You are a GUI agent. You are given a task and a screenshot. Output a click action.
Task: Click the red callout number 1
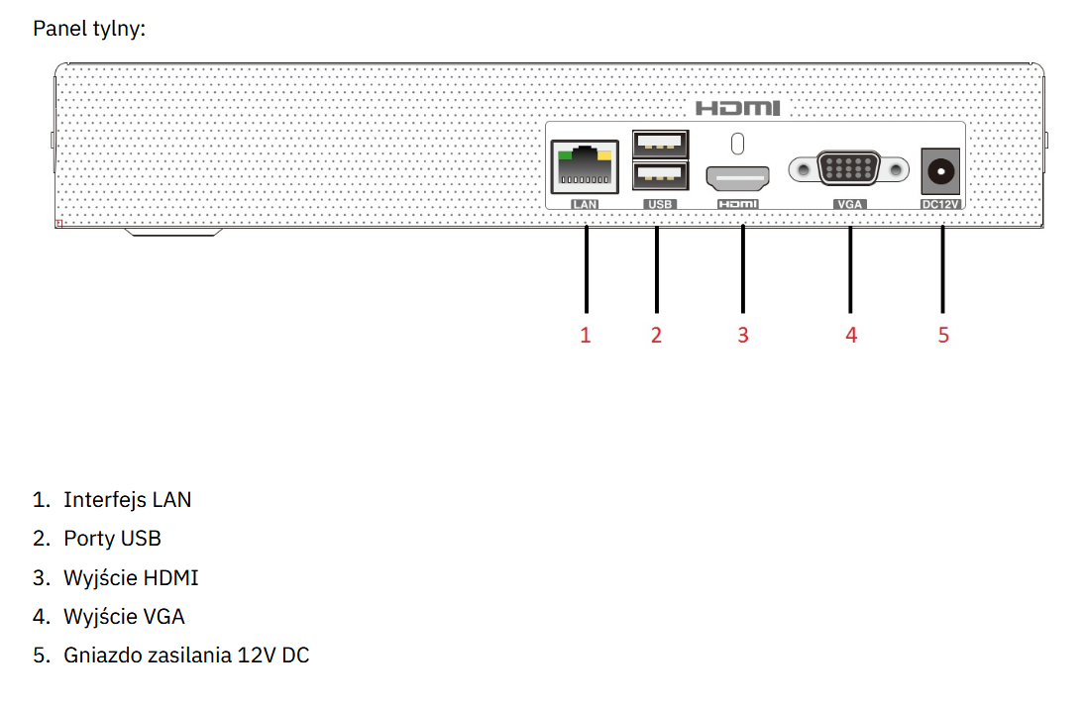pyautogui.click(x=586, y=335)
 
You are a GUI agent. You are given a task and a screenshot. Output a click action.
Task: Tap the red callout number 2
pyautogui.click(x=656, y=335)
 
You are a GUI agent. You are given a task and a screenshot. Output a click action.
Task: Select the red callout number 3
pyautogui.click(x=743, y=335)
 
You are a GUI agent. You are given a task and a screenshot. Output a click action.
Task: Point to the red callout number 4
pyautogui.click(x=851, y=335)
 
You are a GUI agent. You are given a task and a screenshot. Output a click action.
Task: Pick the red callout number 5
pyautogui.click(x=943, y=335)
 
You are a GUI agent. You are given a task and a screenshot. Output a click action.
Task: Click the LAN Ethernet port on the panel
pyautogui.click(x=585, y=167)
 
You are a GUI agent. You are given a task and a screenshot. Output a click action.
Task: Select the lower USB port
pyautogui.click(x=660, y=177)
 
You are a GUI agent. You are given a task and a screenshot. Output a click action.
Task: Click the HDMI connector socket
pyautogui.click(x=737, y=179)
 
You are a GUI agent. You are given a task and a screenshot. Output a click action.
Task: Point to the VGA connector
pyautogui.click(x=849, y=170)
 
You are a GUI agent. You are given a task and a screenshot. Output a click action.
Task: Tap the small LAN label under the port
pyautogui.click(x=585, y=204)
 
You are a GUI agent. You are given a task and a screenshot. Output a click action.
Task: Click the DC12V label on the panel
pyautogui.click(x=942, y=204)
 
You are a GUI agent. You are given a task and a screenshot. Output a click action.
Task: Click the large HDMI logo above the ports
pyautogui.click(x=737, y=108)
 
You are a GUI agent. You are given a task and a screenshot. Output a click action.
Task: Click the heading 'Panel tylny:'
pyautogui.click(x=89, y=29)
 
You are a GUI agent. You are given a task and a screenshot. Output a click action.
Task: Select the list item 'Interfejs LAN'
pyautogui.click(x=127, y=499)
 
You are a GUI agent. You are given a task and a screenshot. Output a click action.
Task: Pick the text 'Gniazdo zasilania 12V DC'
pyautogui.click(x=186, y=655)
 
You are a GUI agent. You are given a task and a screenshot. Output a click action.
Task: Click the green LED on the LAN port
pyautogui.click(x=564, y=154)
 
